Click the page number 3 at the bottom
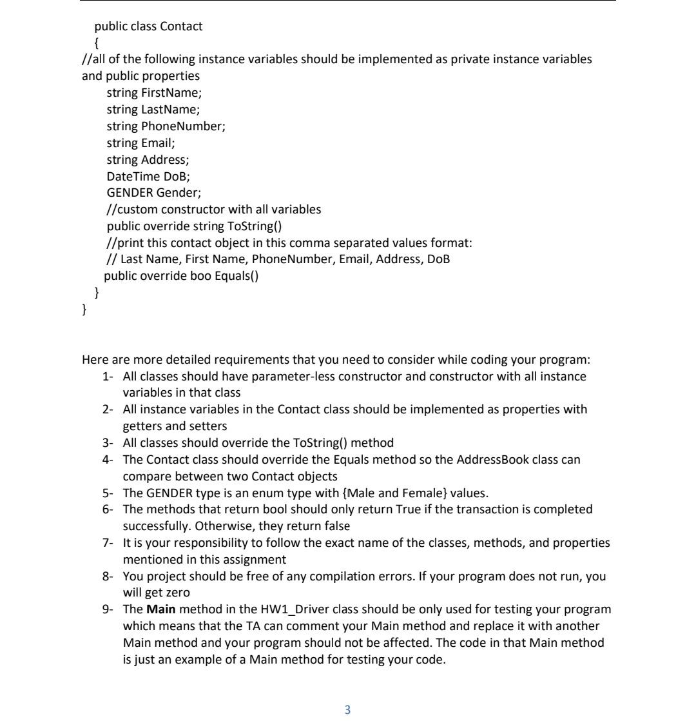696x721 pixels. [x=347, y=709]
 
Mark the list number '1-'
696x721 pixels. [x=108, y=376]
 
